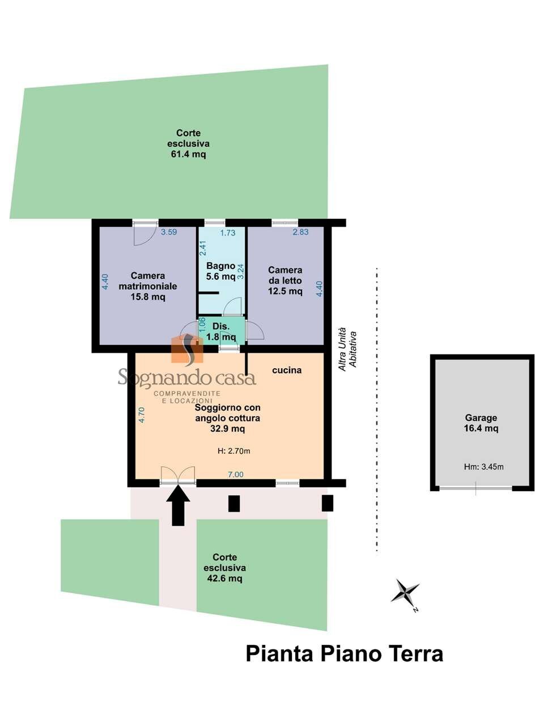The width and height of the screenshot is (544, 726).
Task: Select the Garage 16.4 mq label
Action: tap(481, 423)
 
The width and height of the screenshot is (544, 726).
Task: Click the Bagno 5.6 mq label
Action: tap(220, 271)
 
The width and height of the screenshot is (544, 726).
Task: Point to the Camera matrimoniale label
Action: tap(148, 286)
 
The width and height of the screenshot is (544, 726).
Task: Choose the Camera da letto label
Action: tap(285, 281)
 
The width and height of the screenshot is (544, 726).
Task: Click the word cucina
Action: tap(287, 370)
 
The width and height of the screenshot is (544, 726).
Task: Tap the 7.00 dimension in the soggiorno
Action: tap(236, 475)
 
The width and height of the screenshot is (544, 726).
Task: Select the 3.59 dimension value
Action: tap(169, 232)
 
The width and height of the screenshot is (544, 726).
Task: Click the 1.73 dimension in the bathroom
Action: tap(228, 233)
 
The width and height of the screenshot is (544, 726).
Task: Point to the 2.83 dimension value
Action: tap(300, 232)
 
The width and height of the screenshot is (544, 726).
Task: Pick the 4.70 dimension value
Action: tap(142, 415)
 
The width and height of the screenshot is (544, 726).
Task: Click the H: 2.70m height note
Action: tap(234, 451)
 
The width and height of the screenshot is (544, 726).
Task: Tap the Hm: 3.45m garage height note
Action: tap(483, 467)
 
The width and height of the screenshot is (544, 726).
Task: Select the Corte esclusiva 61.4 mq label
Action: tap(188, 144)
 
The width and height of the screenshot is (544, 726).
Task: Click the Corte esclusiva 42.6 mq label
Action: tap(224, 568)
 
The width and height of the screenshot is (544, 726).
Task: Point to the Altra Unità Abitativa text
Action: tap(348, 349)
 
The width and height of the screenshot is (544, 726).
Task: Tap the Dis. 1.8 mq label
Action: tap(221, 332)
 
